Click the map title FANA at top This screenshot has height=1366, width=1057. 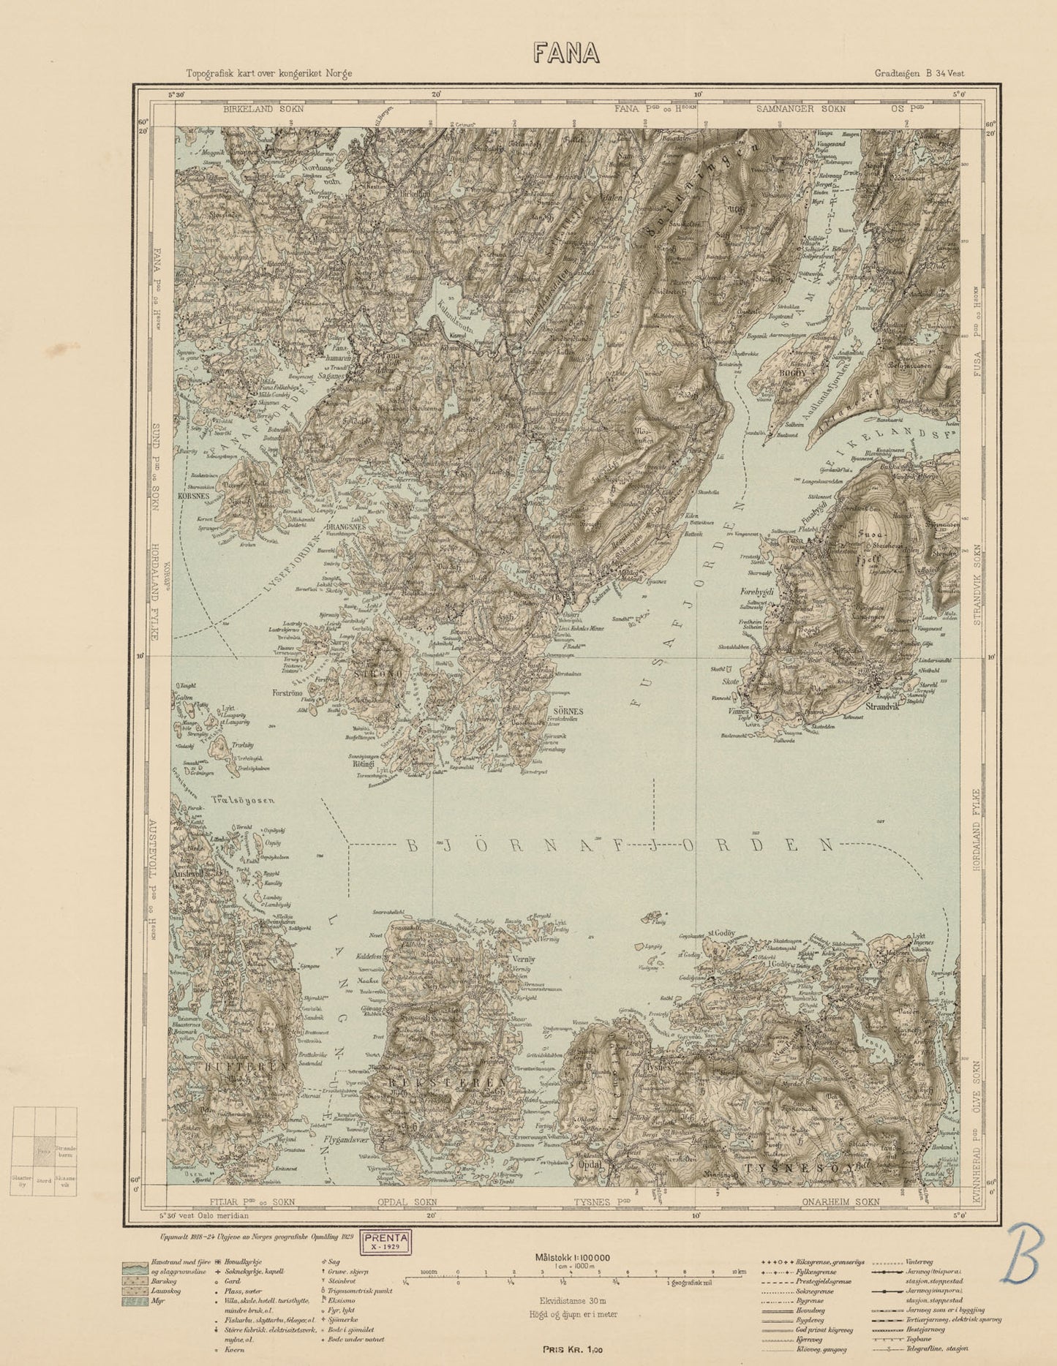tap(566, 53)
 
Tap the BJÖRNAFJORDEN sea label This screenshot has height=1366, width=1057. tap(619, 845)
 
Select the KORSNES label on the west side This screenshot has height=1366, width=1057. tap(193, 495)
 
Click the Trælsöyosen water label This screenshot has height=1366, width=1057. tap(244, 801)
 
